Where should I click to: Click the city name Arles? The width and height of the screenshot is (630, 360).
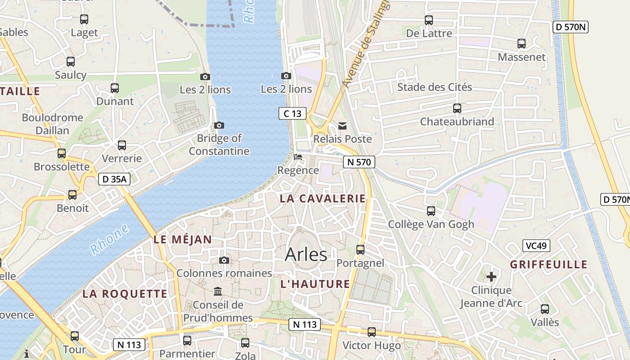306,255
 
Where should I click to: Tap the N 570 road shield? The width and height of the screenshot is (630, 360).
359,162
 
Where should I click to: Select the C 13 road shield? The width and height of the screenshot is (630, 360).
292,113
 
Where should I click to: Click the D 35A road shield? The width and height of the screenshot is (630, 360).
114,179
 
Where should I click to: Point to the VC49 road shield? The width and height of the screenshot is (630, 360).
536,246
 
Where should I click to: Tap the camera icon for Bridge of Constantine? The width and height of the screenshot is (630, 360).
219,125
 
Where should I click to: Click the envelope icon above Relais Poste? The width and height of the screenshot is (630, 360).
343,126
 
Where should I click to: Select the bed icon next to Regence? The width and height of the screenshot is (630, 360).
298,157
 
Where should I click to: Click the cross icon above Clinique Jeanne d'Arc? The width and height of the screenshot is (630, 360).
491,276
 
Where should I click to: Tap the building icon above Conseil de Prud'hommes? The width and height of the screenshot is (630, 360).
218,291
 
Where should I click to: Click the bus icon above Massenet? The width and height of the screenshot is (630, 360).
522,44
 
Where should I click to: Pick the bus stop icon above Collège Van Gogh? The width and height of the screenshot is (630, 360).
431,211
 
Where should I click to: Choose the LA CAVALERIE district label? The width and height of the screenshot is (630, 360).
323,198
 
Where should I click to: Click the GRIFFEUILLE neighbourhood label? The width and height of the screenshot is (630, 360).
549,265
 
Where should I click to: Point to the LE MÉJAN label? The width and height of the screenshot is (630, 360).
182,239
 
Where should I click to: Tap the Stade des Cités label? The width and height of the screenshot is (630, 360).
434,87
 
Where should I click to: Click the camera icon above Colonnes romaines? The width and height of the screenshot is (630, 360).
224,260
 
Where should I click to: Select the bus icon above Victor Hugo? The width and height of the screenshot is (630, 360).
372,332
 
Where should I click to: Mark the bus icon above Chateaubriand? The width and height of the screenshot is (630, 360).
457,108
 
